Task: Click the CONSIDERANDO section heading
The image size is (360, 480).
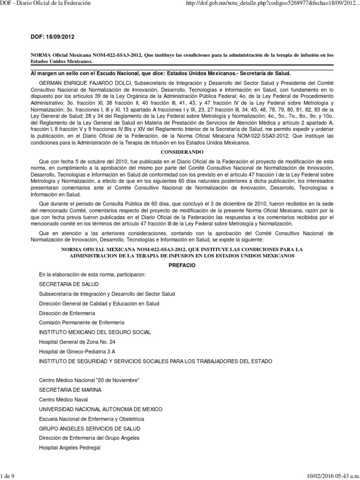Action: (x=180, y=153)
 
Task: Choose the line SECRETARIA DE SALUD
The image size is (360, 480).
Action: (x=69, y=284)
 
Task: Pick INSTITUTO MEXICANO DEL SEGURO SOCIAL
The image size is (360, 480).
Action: (x=95, y=332)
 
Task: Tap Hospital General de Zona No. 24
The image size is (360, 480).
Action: (x=77, y=342)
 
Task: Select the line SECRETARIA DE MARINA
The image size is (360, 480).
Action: (x=70, y=390)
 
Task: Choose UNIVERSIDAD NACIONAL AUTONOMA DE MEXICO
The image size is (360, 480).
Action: (x=99, y=409)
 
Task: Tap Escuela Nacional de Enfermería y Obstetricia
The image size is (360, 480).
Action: (x=91, y=418)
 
